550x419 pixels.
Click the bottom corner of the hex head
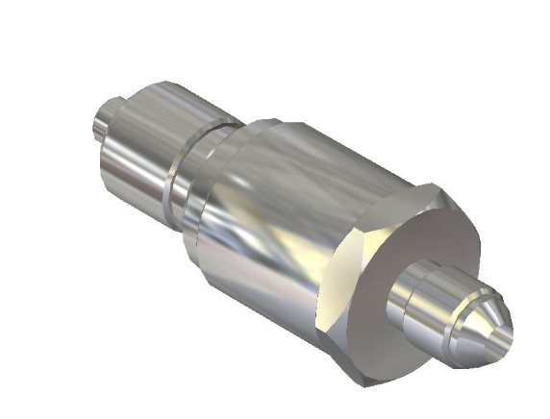[x=366, y=382]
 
